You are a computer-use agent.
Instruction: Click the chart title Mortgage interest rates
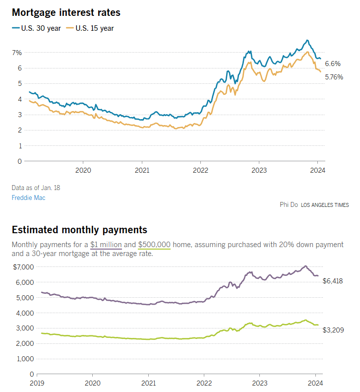[66, 12]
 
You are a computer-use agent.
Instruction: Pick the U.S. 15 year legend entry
[94, 28]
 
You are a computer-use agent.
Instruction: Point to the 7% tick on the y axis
[17, 53]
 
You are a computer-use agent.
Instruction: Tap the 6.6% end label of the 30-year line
[333, 64]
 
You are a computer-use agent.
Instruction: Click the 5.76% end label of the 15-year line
[334, 77]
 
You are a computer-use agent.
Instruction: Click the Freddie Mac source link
[28, 197]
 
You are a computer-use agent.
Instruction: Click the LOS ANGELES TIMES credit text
[325, 205]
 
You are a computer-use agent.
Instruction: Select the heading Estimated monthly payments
[79, 230]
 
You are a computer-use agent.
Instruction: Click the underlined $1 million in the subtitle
[106, 245]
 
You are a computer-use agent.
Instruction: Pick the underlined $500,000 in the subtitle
[154, 245]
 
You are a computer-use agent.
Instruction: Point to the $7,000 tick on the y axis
[23, 267]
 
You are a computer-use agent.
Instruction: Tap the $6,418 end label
[333, 281]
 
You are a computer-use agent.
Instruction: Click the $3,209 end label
[333, 330]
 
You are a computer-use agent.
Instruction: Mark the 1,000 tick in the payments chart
[25, 358]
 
